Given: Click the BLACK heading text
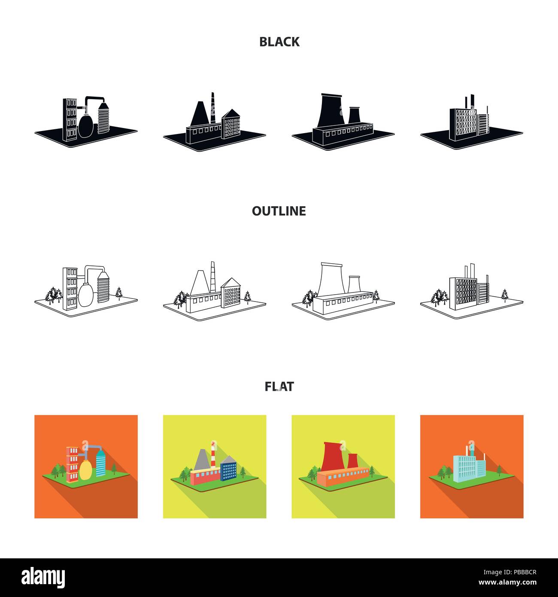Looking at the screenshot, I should click(279, 42).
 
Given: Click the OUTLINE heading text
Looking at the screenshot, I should click(279, 211).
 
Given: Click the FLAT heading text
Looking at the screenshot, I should click(279, 387).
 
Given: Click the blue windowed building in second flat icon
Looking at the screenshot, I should click(228, 472).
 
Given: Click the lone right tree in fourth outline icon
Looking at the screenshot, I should click(505, 295).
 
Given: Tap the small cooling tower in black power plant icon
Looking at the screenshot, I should click(353, 116).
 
